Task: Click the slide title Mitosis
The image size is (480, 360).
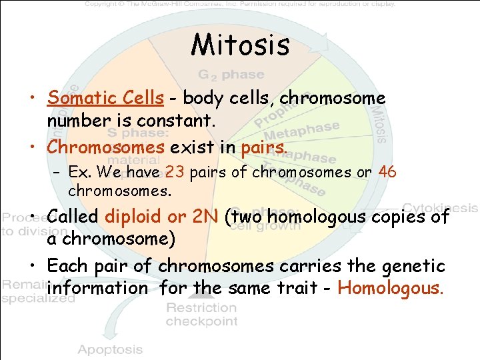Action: coord(240,45)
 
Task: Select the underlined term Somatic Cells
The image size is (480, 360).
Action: coord(105,98)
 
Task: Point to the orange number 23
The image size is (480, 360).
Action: coord(175,172)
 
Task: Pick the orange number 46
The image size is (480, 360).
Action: coord(387,172)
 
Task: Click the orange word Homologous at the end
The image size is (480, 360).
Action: coord(390,288)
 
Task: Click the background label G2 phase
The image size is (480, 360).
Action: coord(231,75)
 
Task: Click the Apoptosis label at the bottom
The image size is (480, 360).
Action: coord(110,349)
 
